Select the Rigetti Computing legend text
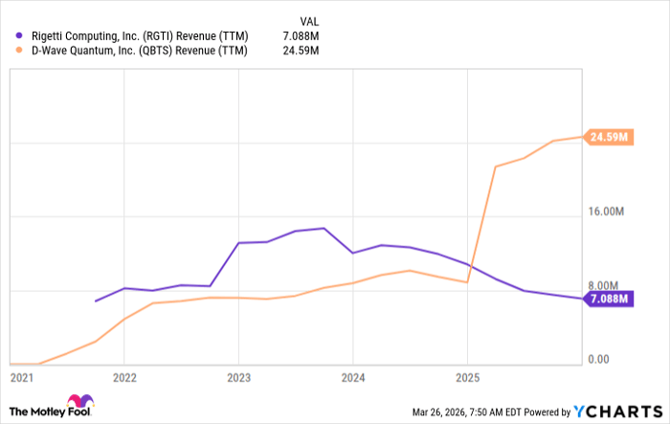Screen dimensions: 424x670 [139, 36]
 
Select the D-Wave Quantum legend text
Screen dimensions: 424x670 [139, 52]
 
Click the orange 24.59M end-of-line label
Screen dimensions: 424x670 [609, 137]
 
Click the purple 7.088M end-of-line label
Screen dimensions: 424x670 [609, 300]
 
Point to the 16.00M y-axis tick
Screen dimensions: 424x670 [607, 212]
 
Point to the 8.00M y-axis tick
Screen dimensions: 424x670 [604, 285]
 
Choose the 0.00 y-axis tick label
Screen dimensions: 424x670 [599, 360]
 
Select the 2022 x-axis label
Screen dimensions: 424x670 [124, 377]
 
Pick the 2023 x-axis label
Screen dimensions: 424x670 [238, 377]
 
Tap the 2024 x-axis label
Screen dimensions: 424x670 [352, 377]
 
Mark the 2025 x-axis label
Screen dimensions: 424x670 [466, 377]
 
